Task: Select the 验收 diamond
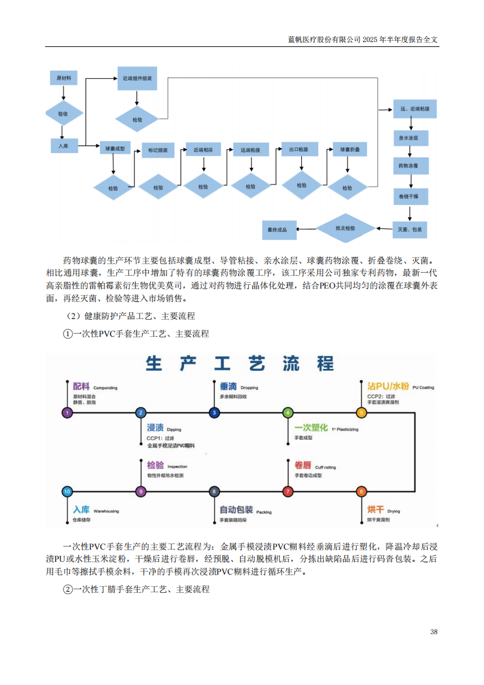[63, 113]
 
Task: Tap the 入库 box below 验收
[63, 146]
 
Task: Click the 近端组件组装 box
[137, 78]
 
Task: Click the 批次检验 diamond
[346, 228]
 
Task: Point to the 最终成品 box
[277, 229]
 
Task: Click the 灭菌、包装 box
[410, 229]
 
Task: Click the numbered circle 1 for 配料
[68, 413]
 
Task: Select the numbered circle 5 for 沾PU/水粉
[361, 413]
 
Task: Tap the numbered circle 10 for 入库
[68, 491]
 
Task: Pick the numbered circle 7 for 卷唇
[288, 491]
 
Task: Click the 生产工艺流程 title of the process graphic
[240, 364]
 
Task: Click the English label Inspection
[177, 467]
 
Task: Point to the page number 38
[433, 631]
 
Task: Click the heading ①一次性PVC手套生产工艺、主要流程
[137, 334]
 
